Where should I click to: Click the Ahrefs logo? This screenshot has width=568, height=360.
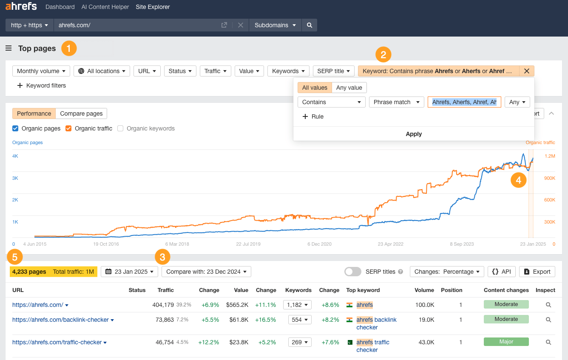pos(21,6)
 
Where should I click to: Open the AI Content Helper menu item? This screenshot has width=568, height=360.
pos(105,7)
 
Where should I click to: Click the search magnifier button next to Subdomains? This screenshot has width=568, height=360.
pos(310,25)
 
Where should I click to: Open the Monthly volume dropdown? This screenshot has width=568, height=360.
pos(41,71)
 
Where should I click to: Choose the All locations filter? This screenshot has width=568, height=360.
pos(102,71)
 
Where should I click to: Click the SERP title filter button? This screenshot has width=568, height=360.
pos(333,71)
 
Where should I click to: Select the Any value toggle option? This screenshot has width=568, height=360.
pos(349,88)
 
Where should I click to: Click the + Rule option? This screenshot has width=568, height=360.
pos(313,116)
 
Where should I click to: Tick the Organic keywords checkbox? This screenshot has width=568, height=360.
pos(120,128)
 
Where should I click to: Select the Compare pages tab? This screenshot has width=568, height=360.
pos(81,113)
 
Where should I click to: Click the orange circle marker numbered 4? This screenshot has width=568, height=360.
pos(519,180)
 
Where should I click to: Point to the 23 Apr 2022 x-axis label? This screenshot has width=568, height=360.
pos(390,244)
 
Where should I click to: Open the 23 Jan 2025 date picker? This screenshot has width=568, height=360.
pos(129,272)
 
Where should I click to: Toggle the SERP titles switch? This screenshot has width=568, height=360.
pos(352,272)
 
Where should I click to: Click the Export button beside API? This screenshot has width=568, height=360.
pos(537,272)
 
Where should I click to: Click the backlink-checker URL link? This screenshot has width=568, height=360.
pos(60,320)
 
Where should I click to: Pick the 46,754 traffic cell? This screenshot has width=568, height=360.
pos(163,342)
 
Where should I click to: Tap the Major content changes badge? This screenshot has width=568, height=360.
pos(506,342)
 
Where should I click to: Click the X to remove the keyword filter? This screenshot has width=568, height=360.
pos(526,71)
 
